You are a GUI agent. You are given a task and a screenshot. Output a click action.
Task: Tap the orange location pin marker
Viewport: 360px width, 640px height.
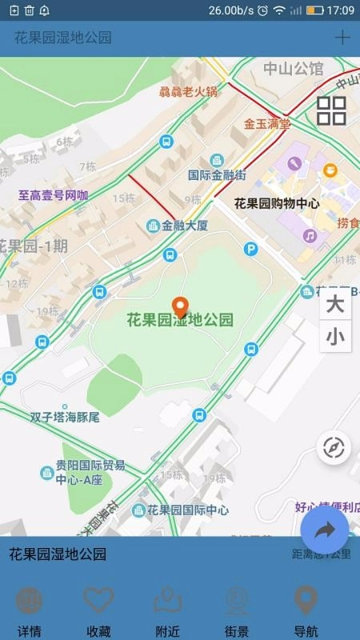182,306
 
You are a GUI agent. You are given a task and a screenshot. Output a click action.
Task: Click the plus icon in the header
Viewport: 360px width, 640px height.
342,37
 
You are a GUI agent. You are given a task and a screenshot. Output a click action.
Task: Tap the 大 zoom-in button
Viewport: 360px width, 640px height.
334,305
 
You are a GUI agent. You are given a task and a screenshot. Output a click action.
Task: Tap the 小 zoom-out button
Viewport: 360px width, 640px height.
334,338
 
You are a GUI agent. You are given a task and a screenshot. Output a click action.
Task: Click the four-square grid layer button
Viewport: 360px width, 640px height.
331,110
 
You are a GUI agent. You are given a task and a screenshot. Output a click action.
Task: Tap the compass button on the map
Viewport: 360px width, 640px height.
333,448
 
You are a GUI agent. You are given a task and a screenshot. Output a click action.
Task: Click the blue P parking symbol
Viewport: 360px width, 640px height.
251,250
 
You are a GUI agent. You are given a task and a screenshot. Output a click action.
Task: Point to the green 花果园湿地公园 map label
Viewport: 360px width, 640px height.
180,320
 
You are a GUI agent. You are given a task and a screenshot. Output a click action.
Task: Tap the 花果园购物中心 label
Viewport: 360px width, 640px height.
276,203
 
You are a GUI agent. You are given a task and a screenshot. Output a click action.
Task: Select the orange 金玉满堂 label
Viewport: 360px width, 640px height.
267,124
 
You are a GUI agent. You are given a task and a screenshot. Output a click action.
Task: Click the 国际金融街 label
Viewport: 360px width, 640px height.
216,175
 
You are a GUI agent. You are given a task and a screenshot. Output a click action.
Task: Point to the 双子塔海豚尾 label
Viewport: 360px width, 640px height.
65,417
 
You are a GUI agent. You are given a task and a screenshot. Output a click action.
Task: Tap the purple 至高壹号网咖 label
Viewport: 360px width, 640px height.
54,194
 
